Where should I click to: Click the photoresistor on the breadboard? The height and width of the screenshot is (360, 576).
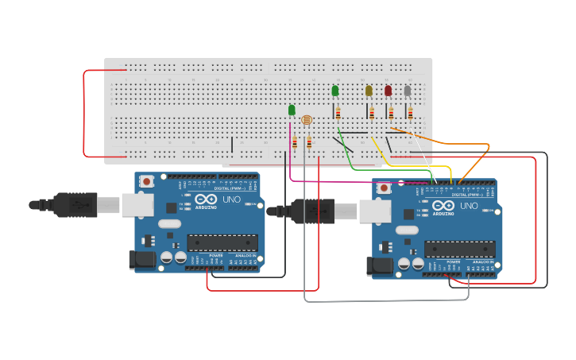pos(306,120)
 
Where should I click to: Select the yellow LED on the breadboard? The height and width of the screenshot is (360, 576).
pos(369,91)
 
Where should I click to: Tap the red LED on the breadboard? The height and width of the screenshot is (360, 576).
pos(389,91)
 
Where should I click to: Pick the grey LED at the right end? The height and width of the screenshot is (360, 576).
pos(408,91)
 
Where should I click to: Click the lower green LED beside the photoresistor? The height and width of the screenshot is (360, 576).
pos(292,110)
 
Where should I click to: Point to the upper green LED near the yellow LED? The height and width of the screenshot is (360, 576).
pos(334,91)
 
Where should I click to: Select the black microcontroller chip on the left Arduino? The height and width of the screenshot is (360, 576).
pos(222,243)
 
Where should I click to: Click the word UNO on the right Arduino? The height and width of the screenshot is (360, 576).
pos(469,206)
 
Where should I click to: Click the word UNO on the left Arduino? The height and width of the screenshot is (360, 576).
pos(230,199)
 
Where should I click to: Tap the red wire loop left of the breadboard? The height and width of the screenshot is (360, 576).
pos(84,111)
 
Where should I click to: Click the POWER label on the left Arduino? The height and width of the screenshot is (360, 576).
pos(216,255)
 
